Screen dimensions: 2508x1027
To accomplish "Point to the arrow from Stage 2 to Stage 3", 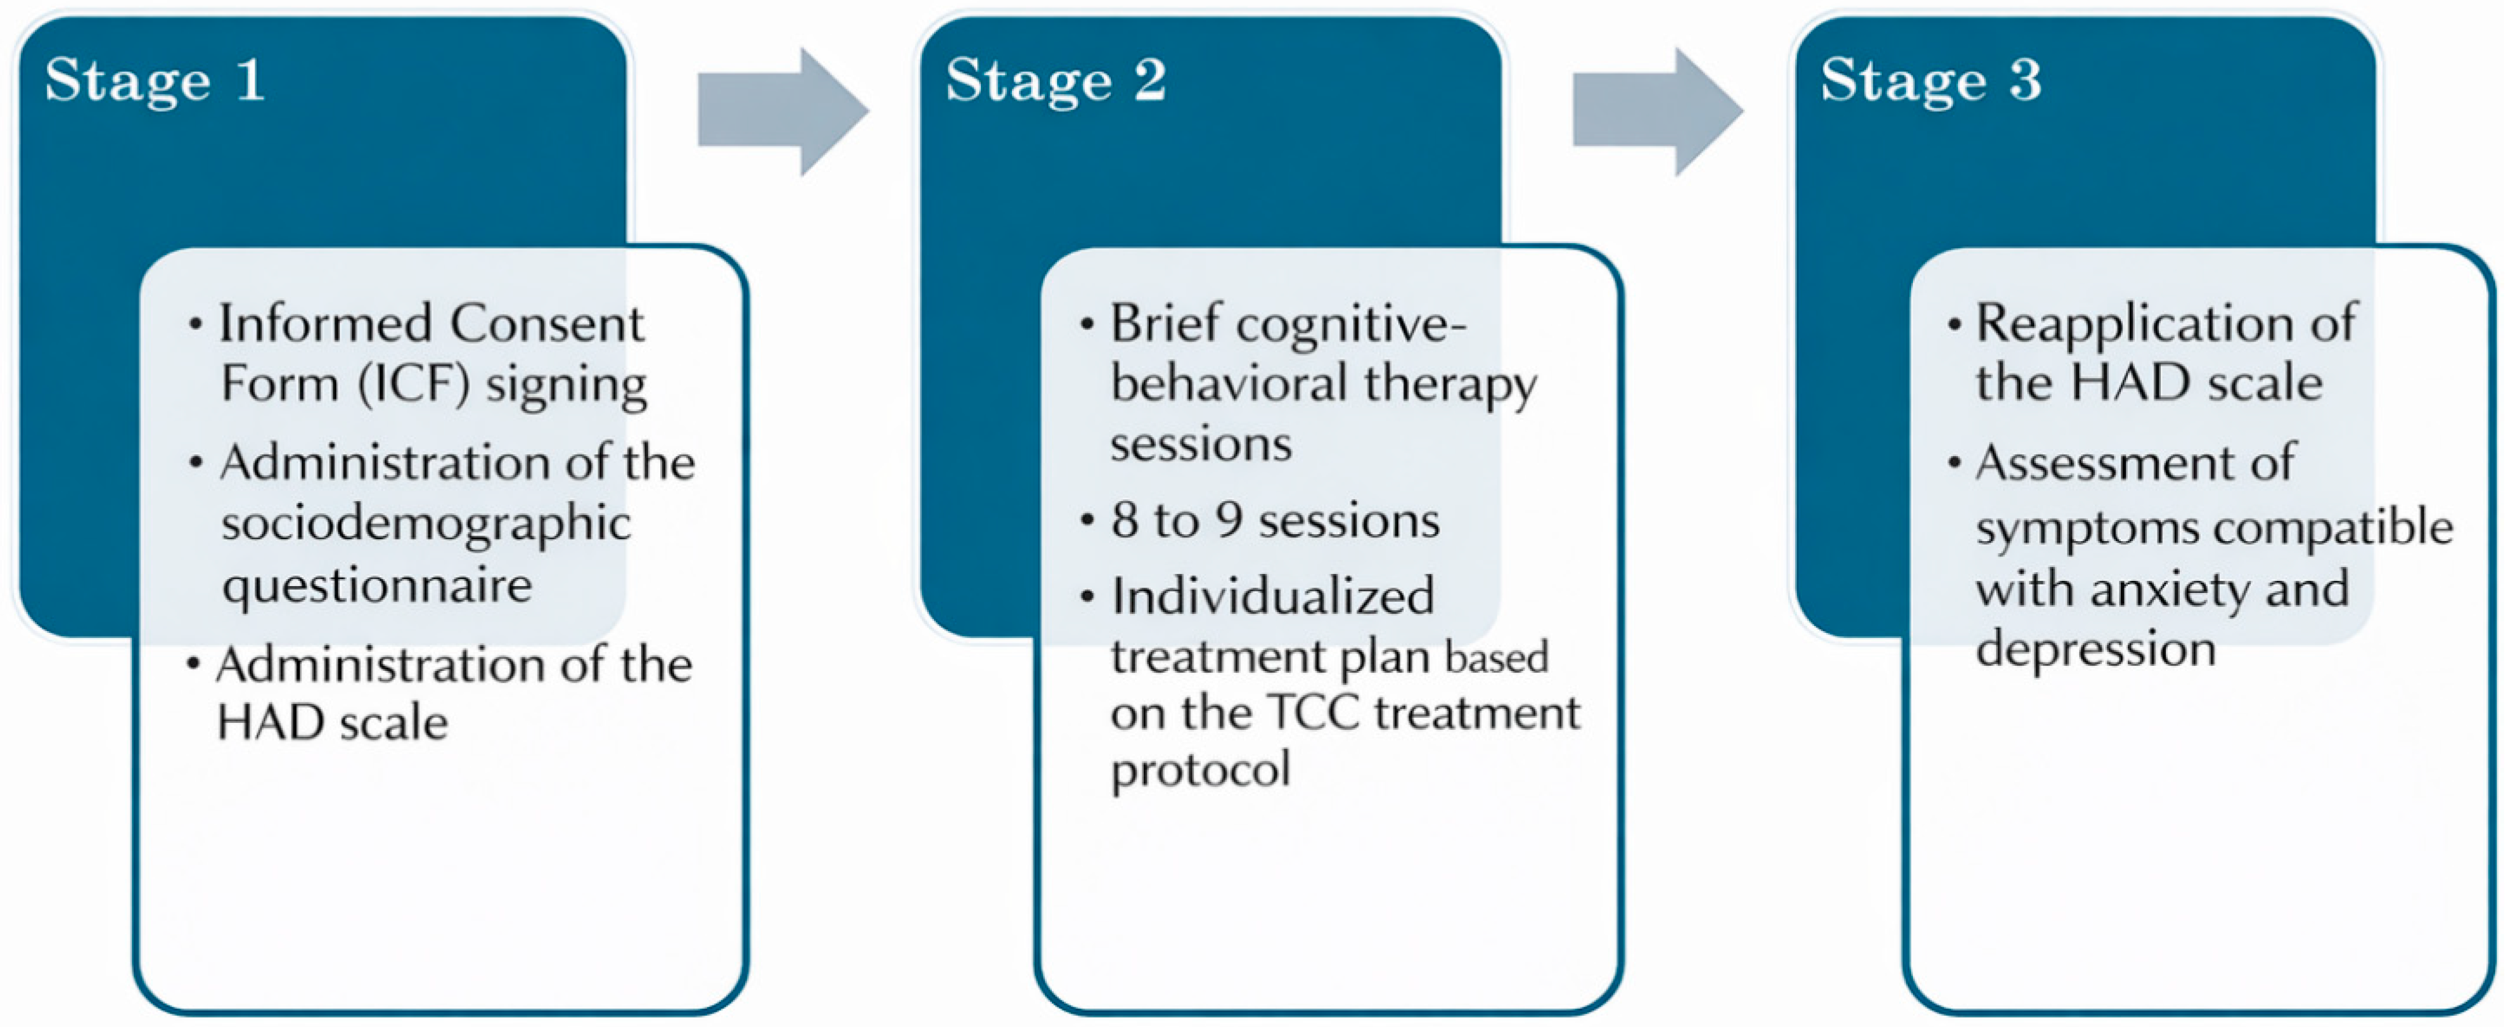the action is pos(1658,112).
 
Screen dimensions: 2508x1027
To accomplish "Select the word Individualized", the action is pos(1272,596).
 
